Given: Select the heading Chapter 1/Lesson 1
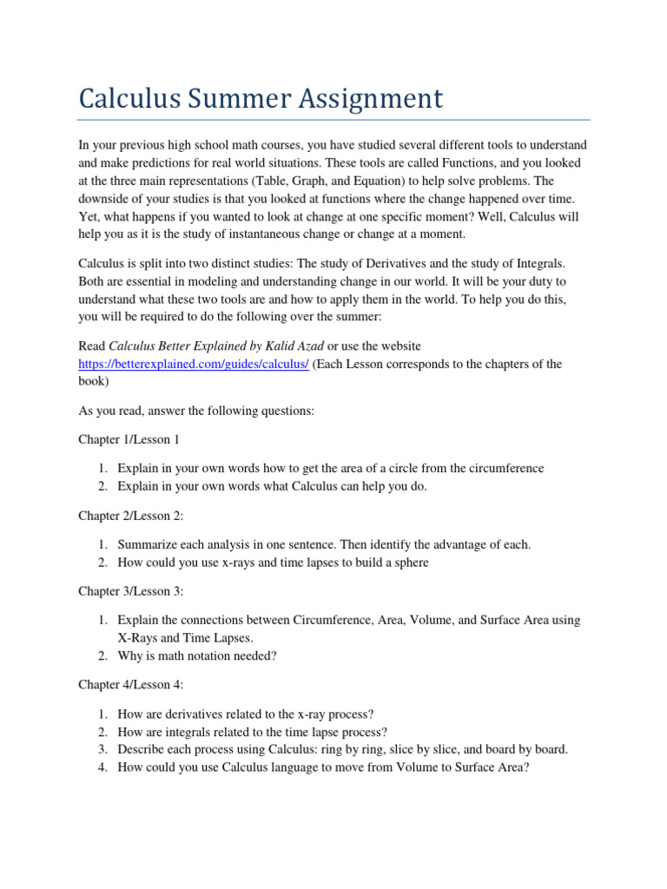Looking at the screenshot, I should [x=129, y=440].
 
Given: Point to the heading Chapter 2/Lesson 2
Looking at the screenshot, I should [x=131, y=516].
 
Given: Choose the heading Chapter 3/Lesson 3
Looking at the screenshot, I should [x=131, y=591].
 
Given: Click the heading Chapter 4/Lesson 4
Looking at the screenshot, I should [x=131, y=685].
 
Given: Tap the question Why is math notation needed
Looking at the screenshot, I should [x=197, y=655].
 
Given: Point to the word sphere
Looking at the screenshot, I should [x=409, y=563].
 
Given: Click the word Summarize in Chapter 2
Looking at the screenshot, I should [x=147, y=544].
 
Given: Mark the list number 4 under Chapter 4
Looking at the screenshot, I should [x=101, y=767].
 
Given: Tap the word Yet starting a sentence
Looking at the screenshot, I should [x=90, y=216].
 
